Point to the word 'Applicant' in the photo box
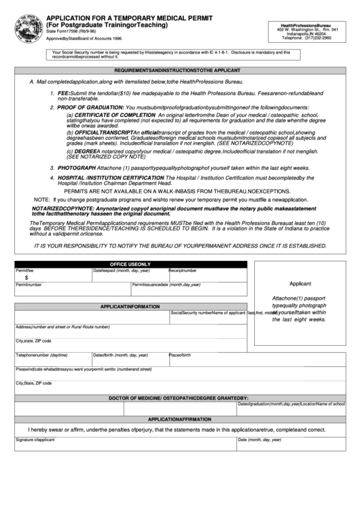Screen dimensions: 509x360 [300, 284]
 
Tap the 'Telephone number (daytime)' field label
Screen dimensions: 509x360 [41, 355]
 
